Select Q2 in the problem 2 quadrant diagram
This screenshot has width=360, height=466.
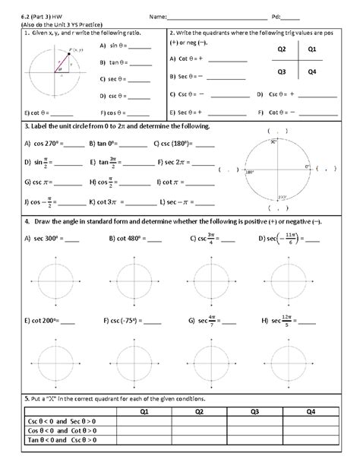[282, 49]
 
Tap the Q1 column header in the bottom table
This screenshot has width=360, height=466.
[144, 412]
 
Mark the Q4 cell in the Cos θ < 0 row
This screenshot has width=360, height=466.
[310, 433]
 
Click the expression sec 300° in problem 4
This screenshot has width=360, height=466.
[46, 238]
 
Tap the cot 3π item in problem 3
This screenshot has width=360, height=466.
[111, 203]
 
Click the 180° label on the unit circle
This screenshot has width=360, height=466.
[248, 172]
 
